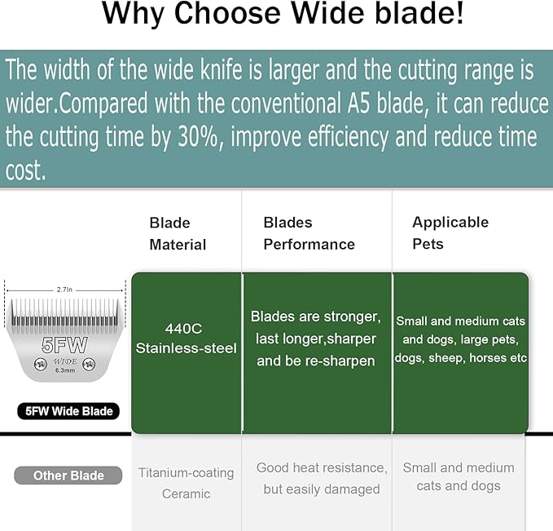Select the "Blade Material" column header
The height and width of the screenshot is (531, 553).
pos(178,233)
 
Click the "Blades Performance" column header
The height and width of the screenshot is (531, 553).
pos(309,233)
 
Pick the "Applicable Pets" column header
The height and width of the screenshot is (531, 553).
pos(450,232)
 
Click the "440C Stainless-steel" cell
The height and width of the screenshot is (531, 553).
pos(187,338)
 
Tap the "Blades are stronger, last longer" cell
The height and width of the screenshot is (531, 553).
pos(315,338)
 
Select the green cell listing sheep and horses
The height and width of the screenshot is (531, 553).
pos(460,339)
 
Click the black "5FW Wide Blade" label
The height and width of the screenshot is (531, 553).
pos(68,411)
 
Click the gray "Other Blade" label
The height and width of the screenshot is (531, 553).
pos(68,476)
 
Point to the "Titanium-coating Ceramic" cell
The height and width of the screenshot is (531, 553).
pos(186,483)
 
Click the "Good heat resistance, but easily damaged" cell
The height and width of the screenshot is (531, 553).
pos(322,478)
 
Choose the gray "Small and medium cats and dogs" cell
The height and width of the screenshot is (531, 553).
pos(459,476)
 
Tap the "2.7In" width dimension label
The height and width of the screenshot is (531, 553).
pos(65,289)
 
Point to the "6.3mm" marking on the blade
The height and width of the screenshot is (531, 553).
pos(65,369)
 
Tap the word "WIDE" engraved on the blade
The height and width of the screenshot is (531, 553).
pos(65,360)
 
